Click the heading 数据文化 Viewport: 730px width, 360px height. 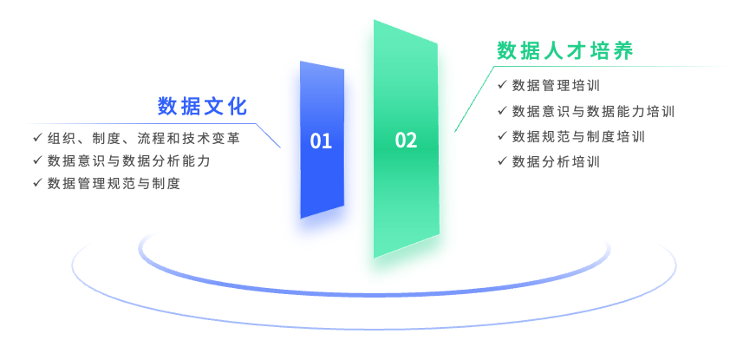pos(202,107)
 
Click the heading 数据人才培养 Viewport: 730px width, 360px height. pos(565,50)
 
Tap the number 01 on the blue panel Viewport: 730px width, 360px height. pos(321,141)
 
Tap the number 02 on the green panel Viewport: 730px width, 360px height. pos(406,141)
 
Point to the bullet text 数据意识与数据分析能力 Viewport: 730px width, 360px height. pos(128,160)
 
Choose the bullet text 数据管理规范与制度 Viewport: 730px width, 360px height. pos(114,183)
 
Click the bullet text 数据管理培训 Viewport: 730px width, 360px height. pos(555,85)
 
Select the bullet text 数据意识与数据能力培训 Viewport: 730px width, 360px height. pos(593,111)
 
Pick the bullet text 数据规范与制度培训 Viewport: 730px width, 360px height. pos(578,136)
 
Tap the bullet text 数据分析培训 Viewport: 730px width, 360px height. pos(555,161)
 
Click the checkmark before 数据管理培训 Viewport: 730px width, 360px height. pos(503,85)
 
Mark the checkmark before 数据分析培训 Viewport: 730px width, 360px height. pos(503,161)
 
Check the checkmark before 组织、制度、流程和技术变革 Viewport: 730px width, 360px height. pos(37,138)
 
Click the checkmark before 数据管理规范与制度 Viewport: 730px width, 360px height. pos(37,183)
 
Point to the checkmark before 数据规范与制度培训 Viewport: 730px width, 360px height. pos(503,136)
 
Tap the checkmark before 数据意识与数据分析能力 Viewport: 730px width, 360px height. pos(37,160)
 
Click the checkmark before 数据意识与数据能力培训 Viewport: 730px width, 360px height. pos(503,111)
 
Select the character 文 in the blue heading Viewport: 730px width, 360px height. pos(213,107)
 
